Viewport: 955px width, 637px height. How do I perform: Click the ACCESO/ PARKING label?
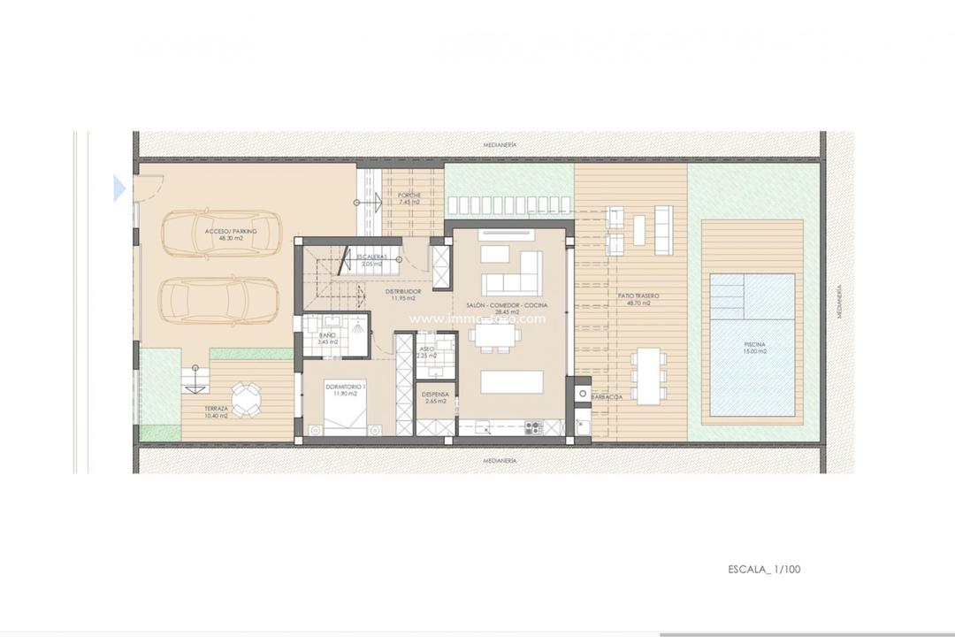tap(232, 231)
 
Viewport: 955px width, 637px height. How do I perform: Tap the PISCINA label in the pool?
tap(754, 344)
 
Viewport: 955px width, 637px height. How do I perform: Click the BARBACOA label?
tap(606, 397)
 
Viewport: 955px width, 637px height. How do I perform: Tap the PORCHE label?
tap(409, 196)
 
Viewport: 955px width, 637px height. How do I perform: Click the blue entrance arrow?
tap(119, 188)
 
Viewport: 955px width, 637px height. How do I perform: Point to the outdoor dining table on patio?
tap(650, 375)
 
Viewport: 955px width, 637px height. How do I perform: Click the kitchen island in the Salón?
tap(512, 381)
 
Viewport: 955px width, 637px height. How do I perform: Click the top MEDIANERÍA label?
tap(500, 143)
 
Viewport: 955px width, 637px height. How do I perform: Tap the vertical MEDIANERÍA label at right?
tap(839, 301)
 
